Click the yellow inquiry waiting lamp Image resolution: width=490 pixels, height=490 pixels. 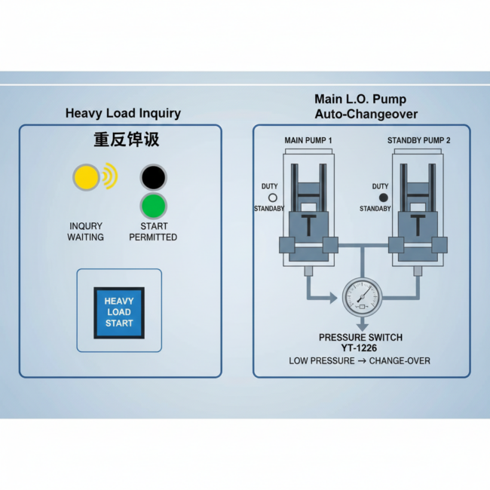click(x=86, y=177)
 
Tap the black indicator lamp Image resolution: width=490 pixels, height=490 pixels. click(x=154, y=177)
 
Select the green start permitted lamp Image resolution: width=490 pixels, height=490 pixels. click(x=154, y=206)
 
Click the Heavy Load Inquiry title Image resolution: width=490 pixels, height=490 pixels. click(x=123, y=114)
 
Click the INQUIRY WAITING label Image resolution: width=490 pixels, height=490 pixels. click(x=86, y=231)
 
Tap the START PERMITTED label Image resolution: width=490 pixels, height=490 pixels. click(x=153, y=231)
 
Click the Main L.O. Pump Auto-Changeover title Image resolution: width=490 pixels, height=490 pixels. click(x=361, y=106)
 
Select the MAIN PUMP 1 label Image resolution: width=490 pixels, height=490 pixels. click(x=308, y=141)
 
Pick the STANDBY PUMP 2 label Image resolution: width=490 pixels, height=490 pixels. click(x=419, y=141)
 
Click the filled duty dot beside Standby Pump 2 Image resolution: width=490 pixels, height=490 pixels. click(x=383, y=197)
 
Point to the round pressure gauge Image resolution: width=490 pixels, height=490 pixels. click(x=361, y=298)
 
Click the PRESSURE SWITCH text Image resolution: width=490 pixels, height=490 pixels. click(x=360, y=337)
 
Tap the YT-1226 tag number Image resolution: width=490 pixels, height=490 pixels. click(x=360, y=348)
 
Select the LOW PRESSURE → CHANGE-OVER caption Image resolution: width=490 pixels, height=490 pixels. click(x=360, y=361)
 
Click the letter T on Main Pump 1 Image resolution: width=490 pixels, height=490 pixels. click(x=308, y=225)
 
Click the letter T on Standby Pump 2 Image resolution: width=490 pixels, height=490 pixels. click(x=418, y=225)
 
